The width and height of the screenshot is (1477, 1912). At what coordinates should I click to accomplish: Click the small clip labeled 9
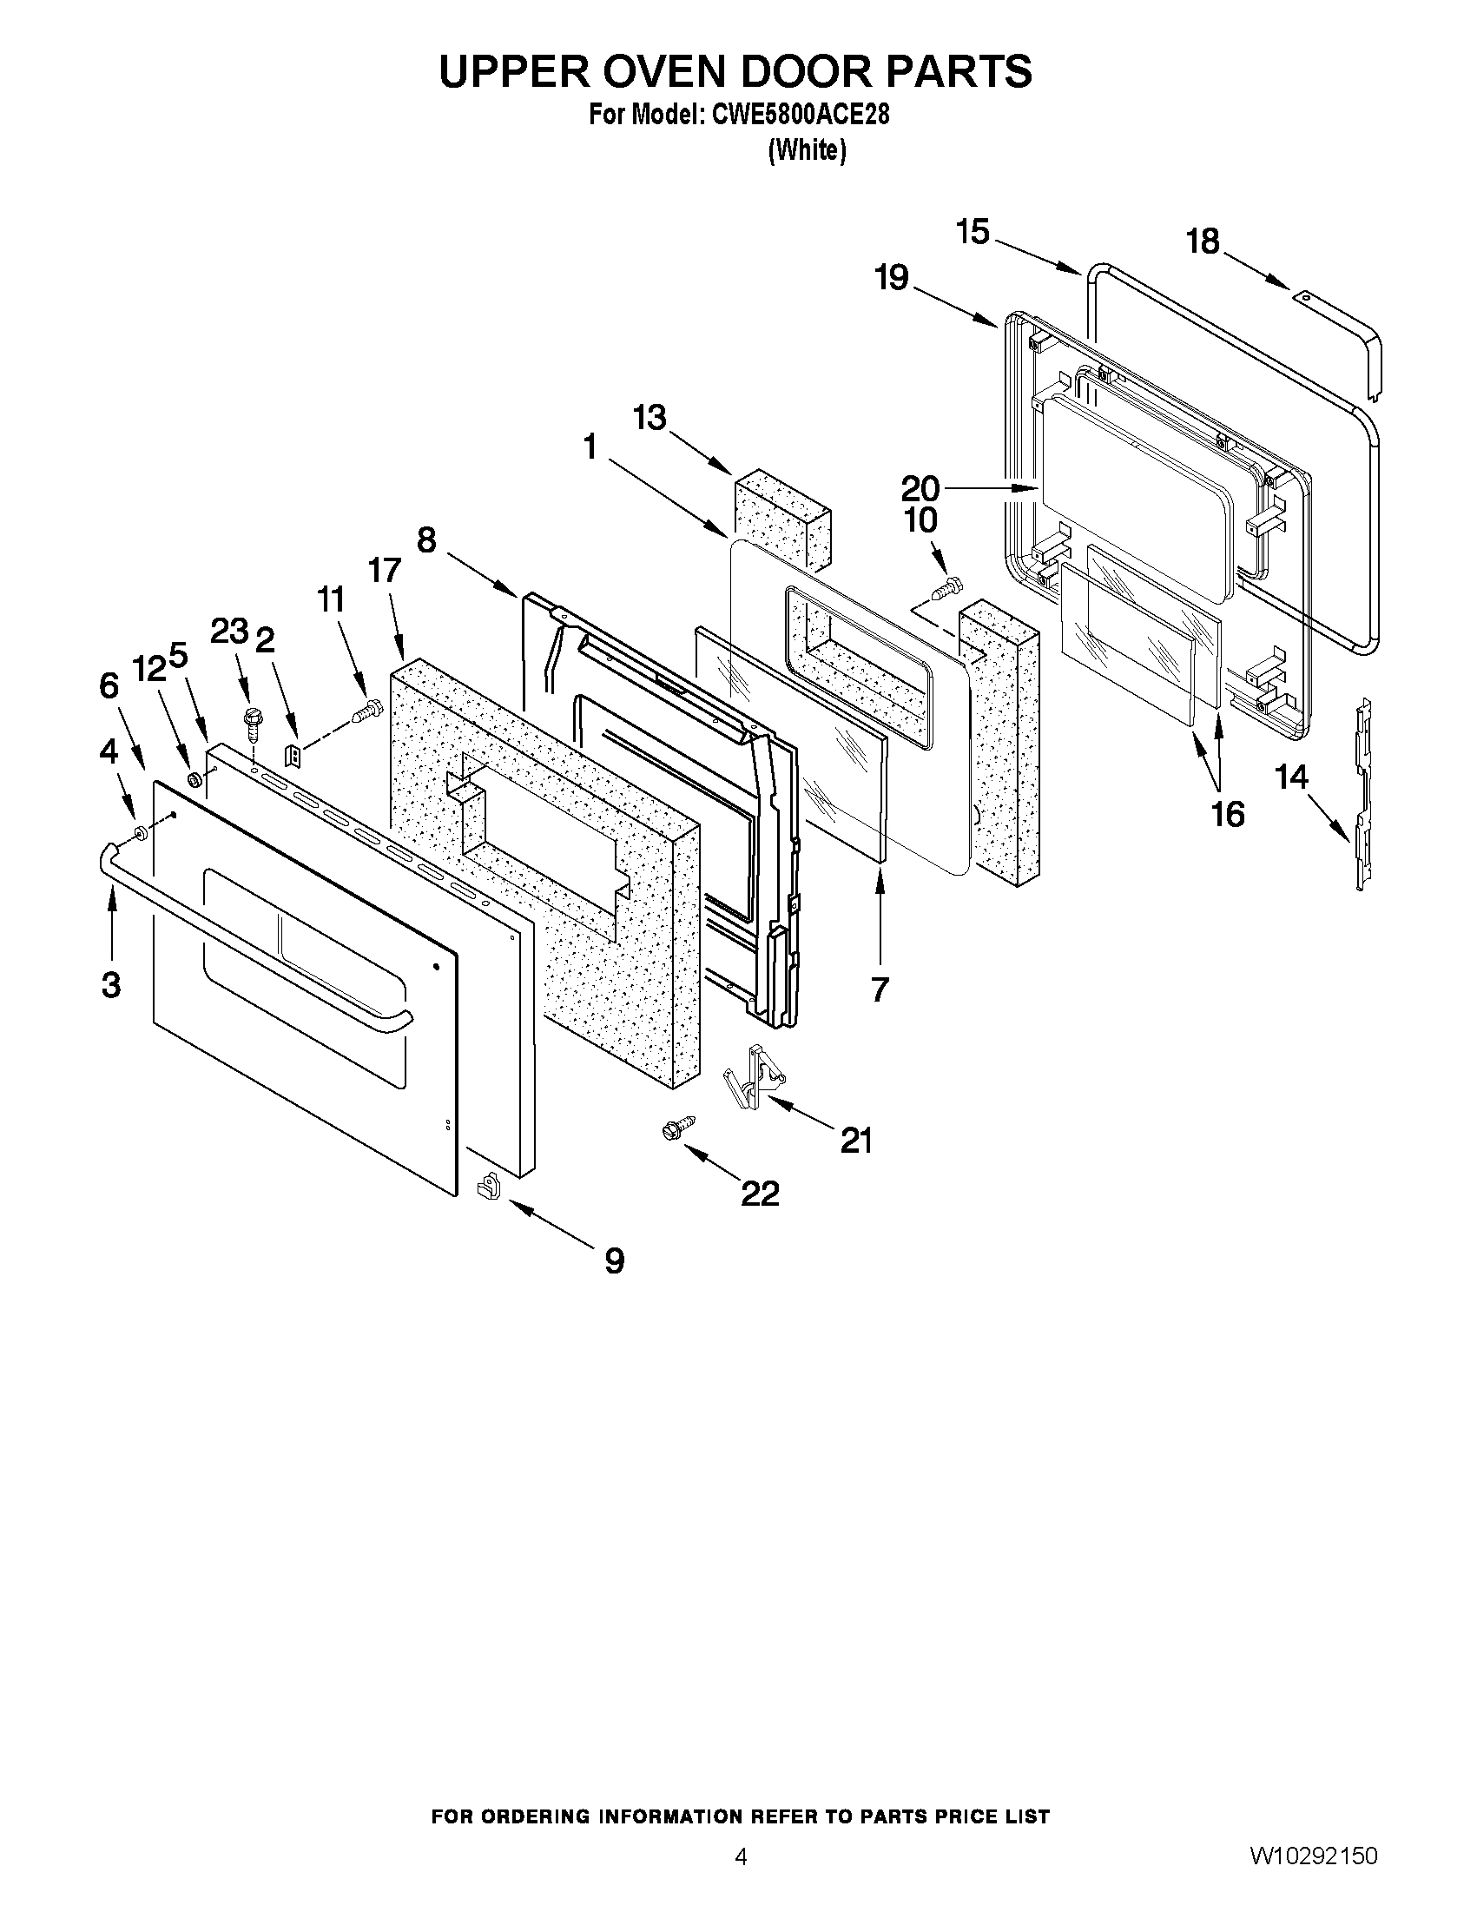tap(487, 1188)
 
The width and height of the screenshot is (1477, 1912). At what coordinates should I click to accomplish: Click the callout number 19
tap(892, 278)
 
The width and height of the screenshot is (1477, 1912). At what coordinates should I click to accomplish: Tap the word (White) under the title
tap(807, 150)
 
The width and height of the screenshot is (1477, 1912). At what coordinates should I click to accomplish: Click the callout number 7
tap(880, 989)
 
